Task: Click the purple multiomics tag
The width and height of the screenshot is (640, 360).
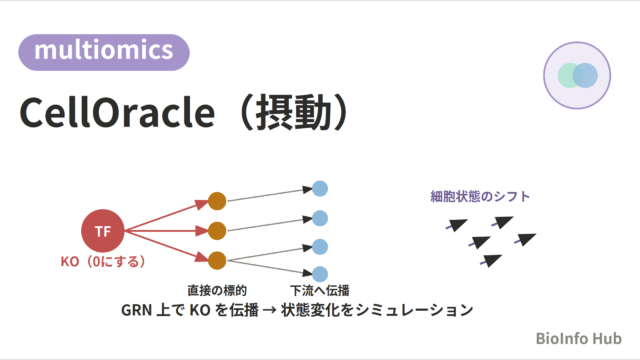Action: click(x=104, y=52)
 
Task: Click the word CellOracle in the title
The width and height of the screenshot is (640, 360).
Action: click(x=117, y=113)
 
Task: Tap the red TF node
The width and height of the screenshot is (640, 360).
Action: click(x=103, y=231)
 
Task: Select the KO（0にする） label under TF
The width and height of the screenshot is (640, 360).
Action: click(x=103, y=261)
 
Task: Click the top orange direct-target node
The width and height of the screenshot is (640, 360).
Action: click(x=217, y=201)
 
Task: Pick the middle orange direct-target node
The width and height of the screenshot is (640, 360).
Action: click(x=217, y=231)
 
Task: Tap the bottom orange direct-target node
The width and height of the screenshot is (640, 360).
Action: click(x=217, y=261)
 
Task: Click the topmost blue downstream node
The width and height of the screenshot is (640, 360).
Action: click(x=320, y=189)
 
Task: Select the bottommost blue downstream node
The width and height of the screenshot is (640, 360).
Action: click(x=320, y=274)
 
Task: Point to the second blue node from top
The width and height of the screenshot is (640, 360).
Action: click(x=320, y=218)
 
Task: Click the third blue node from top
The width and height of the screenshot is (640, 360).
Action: click(x=320, y=247)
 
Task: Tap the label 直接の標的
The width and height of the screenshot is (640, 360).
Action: click(x=217, y=290)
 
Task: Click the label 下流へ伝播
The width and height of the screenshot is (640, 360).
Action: click(x=320, y=290)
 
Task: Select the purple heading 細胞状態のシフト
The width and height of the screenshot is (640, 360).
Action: click(x=480, y=196)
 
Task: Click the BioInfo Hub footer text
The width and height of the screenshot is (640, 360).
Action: click(x=579, y=338)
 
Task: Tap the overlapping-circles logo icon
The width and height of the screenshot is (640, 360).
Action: click(x=577, y=76)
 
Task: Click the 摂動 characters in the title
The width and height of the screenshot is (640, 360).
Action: click(x=293, y=113)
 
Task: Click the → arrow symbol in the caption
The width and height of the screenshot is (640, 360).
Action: click(x=270, y=310)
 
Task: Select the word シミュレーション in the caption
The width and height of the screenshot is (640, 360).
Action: click(x=414, y=310)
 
